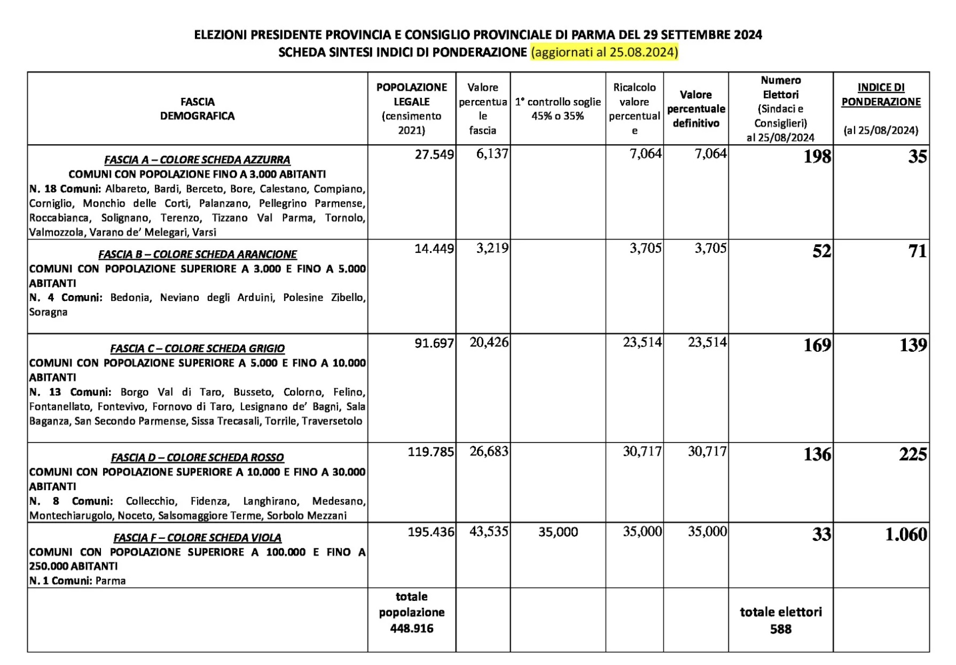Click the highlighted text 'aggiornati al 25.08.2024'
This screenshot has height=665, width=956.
coord(605,52)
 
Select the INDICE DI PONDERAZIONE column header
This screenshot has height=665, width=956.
coord(881,95)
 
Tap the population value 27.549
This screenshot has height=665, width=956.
coord(434,155)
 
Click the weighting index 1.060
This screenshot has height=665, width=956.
coord(906,534)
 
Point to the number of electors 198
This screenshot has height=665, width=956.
coord(817,157)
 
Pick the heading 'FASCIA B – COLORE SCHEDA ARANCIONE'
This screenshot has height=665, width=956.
coord(197,254)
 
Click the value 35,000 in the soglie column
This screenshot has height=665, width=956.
coord(558,532)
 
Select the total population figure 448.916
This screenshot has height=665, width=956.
coord(411,629)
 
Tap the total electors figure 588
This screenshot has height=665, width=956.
coord(780,629)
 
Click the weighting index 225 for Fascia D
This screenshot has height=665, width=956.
coord(913,454)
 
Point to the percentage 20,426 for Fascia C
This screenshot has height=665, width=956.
coord(489,342)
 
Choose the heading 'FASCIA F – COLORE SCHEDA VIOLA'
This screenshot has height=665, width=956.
coord(197,538)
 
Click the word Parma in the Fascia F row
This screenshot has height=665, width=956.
coord(111,581)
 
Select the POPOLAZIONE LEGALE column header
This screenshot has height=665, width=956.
coord(411,95)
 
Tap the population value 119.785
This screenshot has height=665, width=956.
coord(430,452)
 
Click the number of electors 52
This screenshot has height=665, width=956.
coord(821,251)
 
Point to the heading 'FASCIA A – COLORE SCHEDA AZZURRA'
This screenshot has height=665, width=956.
coord(197,160)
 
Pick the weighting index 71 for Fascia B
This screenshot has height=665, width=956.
coord(917,251)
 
